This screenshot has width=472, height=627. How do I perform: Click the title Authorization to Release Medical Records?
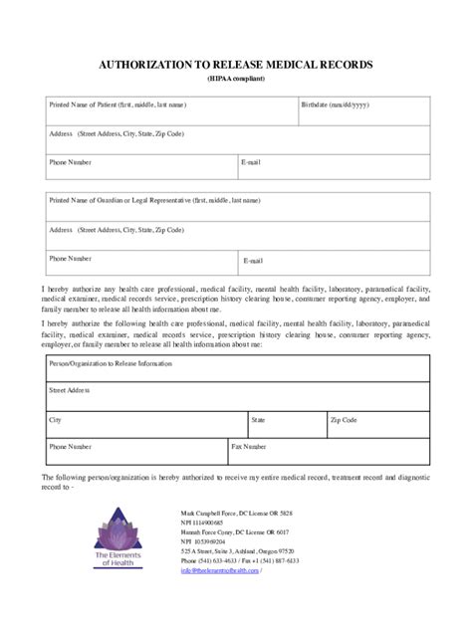236,64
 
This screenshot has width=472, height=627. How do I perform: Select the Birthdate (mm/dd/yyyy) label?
337,104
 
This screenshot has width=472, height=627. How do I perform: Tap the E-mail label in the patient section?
252,160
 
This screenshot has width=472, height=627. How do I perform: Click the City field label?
56,420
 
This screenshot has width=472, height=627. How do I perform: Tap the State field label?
258,420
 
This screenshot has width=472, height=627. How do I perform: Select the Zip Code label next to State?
344,420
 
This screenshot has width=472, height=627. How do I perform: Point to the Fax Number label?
249,447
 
